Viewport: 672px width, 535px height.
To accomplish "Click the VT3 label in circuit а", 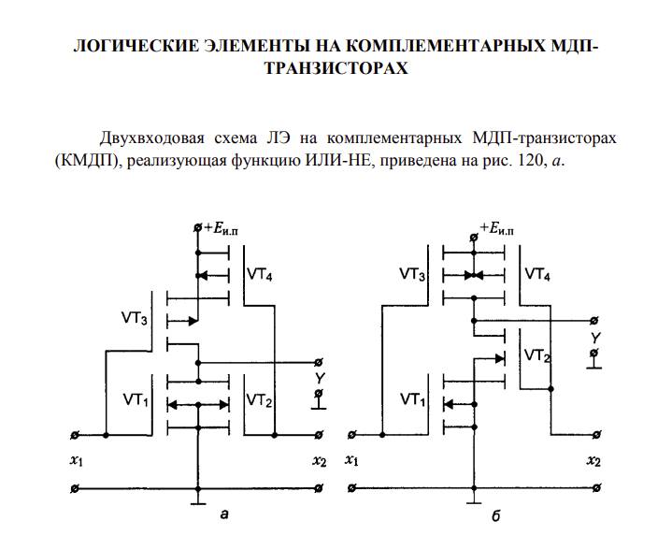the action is point(135,318).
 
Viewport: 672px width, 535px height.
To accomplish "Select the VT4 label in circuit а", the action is point(259,274).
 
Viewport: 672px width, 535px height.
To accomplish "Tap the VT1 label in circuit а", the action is point(136,400).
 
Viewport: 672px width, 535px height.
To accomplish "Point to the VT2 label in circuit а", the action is point(259,400).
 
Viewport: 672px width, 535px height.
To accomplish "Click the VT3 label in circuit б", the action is point(412,274).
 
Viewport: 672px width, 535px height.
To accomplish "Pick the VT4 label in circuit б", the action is point(537,274).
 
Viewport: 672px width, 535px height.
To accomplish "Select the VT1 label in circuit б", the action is point(413,400).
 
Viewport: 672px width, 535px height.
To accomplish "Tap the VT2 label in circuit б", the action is point(537,355).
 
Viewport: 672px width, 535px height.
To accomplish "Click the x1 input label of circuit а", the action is point(77,461).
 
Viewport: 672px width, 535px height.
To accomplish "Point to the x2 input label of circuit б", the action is point(593,461).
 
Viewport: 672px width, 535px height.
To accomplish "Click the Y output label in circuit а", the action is point(320,378).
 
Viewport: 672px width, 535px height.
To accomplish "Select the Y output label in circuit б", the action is point(595,338).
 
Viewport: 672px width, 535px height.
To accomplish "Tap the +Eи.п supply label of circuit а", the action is point(222,228).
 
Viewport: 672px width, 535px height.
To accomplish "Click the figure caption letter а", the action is point(223,513).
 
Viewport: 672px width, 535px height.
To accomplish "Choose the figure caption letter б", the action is point(496,515).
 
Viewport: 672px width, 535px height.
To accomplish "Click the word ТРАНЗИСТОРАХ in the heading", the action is point(336,68).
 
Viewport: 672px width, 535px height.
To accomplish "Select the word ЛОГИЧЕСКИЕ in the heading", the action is point(136,46).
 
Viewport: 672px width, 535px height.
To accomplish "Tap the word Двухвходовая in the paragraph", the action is point(151,139).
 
